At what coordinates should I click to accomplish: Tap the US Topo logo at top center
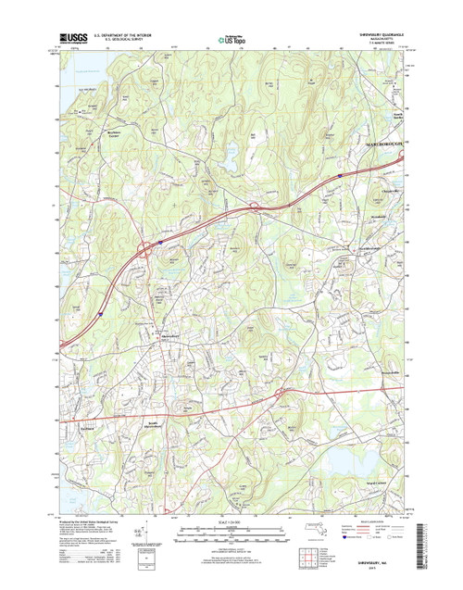(231, 39)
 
